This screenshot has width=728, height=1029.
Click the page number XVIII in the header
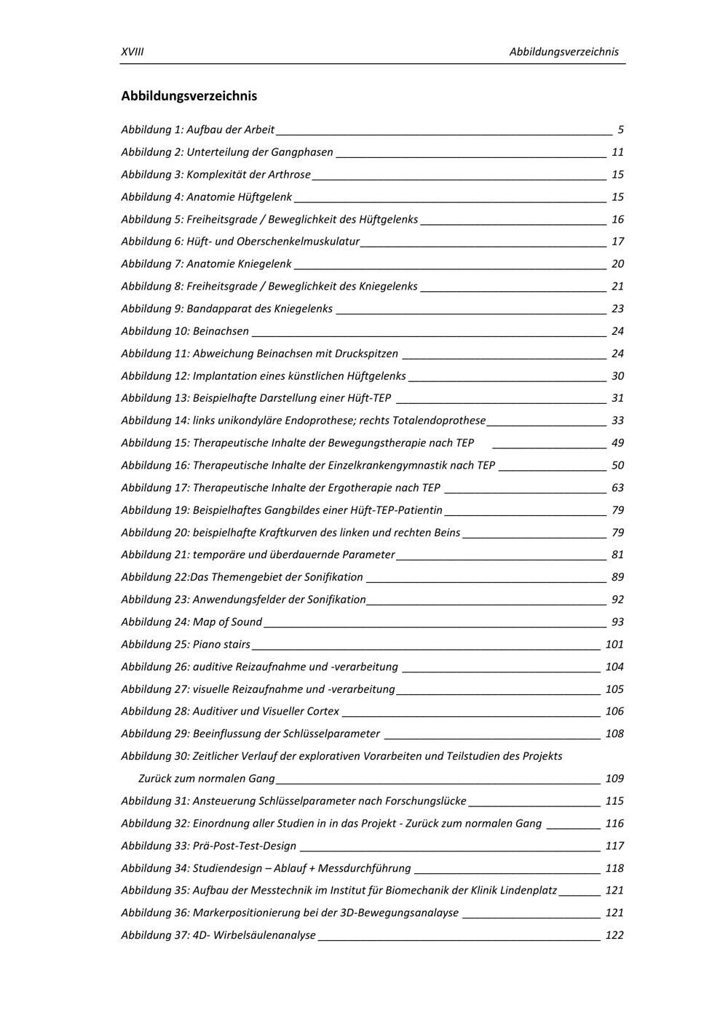click(x=132, y=52)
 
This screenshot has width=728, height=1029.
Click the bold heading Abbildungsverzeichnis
click(x=189, y=96)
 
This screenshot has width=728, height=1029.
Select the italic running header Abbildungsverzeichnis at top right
click(x=563, y=52)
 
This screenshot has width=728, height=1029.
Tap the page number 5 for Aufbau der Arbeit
click(x=620, y=130)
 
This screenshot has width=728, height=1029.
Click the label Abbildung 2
click(x=152, y=152)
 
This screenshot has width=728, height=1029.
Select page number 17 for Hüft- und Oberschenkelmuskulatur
click(x=617, y=242)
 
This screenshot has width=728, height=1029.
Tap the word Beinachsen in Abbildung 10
click(x=221, y=331)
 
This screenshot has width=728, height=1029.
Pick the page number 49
click(x=617, y=443)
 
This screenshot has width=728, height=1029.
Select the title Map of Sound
click(x=227, y=622)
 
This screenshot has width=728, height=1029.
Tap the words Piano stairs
click(x=221, y=645)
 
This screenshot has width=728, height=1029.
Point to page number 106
click(x=614, y=712)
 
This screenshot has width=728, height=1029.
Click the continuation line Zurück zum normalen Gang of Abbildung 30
click(x=207, y=779)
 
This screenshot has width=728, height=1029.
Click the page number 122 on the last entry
click(x=614, y=935)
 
